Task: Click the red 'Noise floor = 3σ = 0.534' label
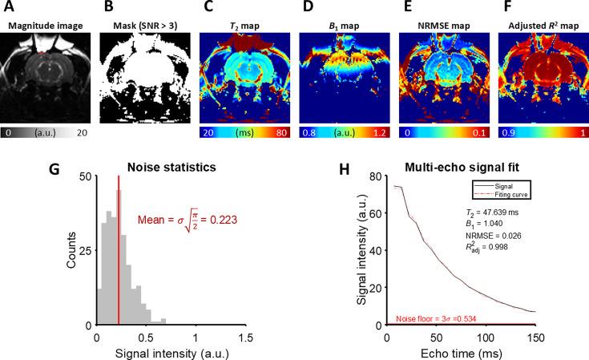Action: (436, 318)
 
